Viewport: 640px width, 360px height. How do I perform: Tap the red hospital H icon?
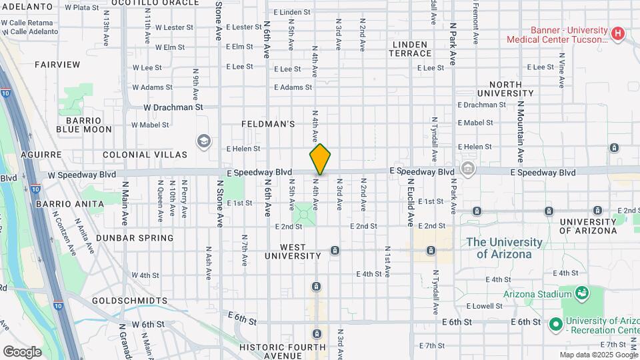point(619,33)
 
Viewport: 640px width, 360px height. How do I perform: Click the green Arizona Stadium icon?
point(581,293)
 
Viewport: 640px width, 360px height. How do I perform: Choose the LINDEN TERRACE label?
point(411,49)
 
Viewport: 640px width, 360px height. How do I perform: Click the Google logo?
point(22,351)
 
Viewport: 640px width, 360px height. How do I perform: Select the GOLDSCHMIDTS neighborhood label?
point(129,301)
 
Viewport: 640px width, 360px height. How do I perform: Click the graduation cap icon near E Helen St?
point(203,141)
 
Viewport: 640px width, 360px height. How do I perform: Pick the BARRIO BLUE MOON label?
point(84,125)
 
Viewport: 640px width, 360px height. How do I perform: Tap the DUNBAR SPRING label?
point(135,237)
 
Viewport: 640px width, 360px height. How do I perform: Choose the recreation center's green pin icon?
point(555,325)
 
